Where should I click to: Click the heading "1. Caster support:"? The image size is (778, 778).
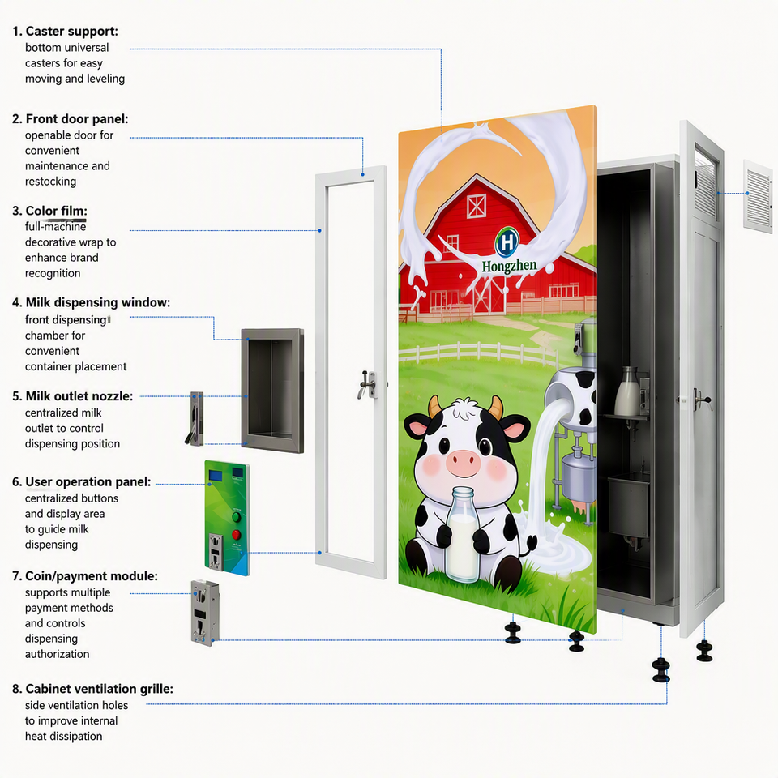(x=65, y=32)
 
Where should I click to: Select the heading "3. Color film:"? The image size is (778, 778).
(x=49, y=211)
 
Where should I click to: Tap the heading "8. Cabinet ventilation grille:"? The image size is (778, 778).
(x=92, y=689)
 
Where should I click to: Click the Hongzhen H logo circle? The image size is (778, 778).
(x=507, y=242)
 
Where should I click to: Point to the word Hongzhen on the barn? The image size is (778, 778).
(x=509, y=267)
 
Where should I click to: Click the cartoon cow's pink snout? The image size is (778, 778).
(x=463, y=461)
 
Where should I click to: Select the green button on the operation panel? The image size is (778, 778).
(x=236, y=516)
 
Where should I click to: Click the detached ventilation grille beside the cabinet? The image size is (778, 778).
(x=758, y=195)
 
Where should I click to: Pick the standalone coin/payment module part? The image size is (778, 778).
(x=205, y=613)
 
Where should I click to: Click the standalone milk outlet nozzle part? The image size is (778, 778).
(x=195, y=419)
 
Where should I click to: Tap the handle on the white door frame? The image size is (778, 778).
(x=368, y=383)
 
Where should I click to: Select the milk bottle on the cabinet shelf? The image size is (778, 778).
(x=627, y=391)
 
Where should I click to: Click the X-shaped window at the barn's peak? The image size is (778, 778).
(x=476, y=205)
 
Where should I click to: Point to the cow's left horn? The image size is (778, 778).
(x=434, y=406)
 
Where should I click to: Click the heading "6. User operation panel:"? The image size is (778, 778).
(x=81, y=481)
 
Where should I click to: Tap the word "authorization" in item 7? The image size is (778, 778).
(x=57, y=654)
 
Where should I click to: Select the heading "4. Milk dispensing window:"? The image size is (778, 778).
(x=91, y=302)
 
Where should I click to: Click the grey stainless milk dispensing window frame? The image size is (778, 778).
(x=272, y=391)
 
